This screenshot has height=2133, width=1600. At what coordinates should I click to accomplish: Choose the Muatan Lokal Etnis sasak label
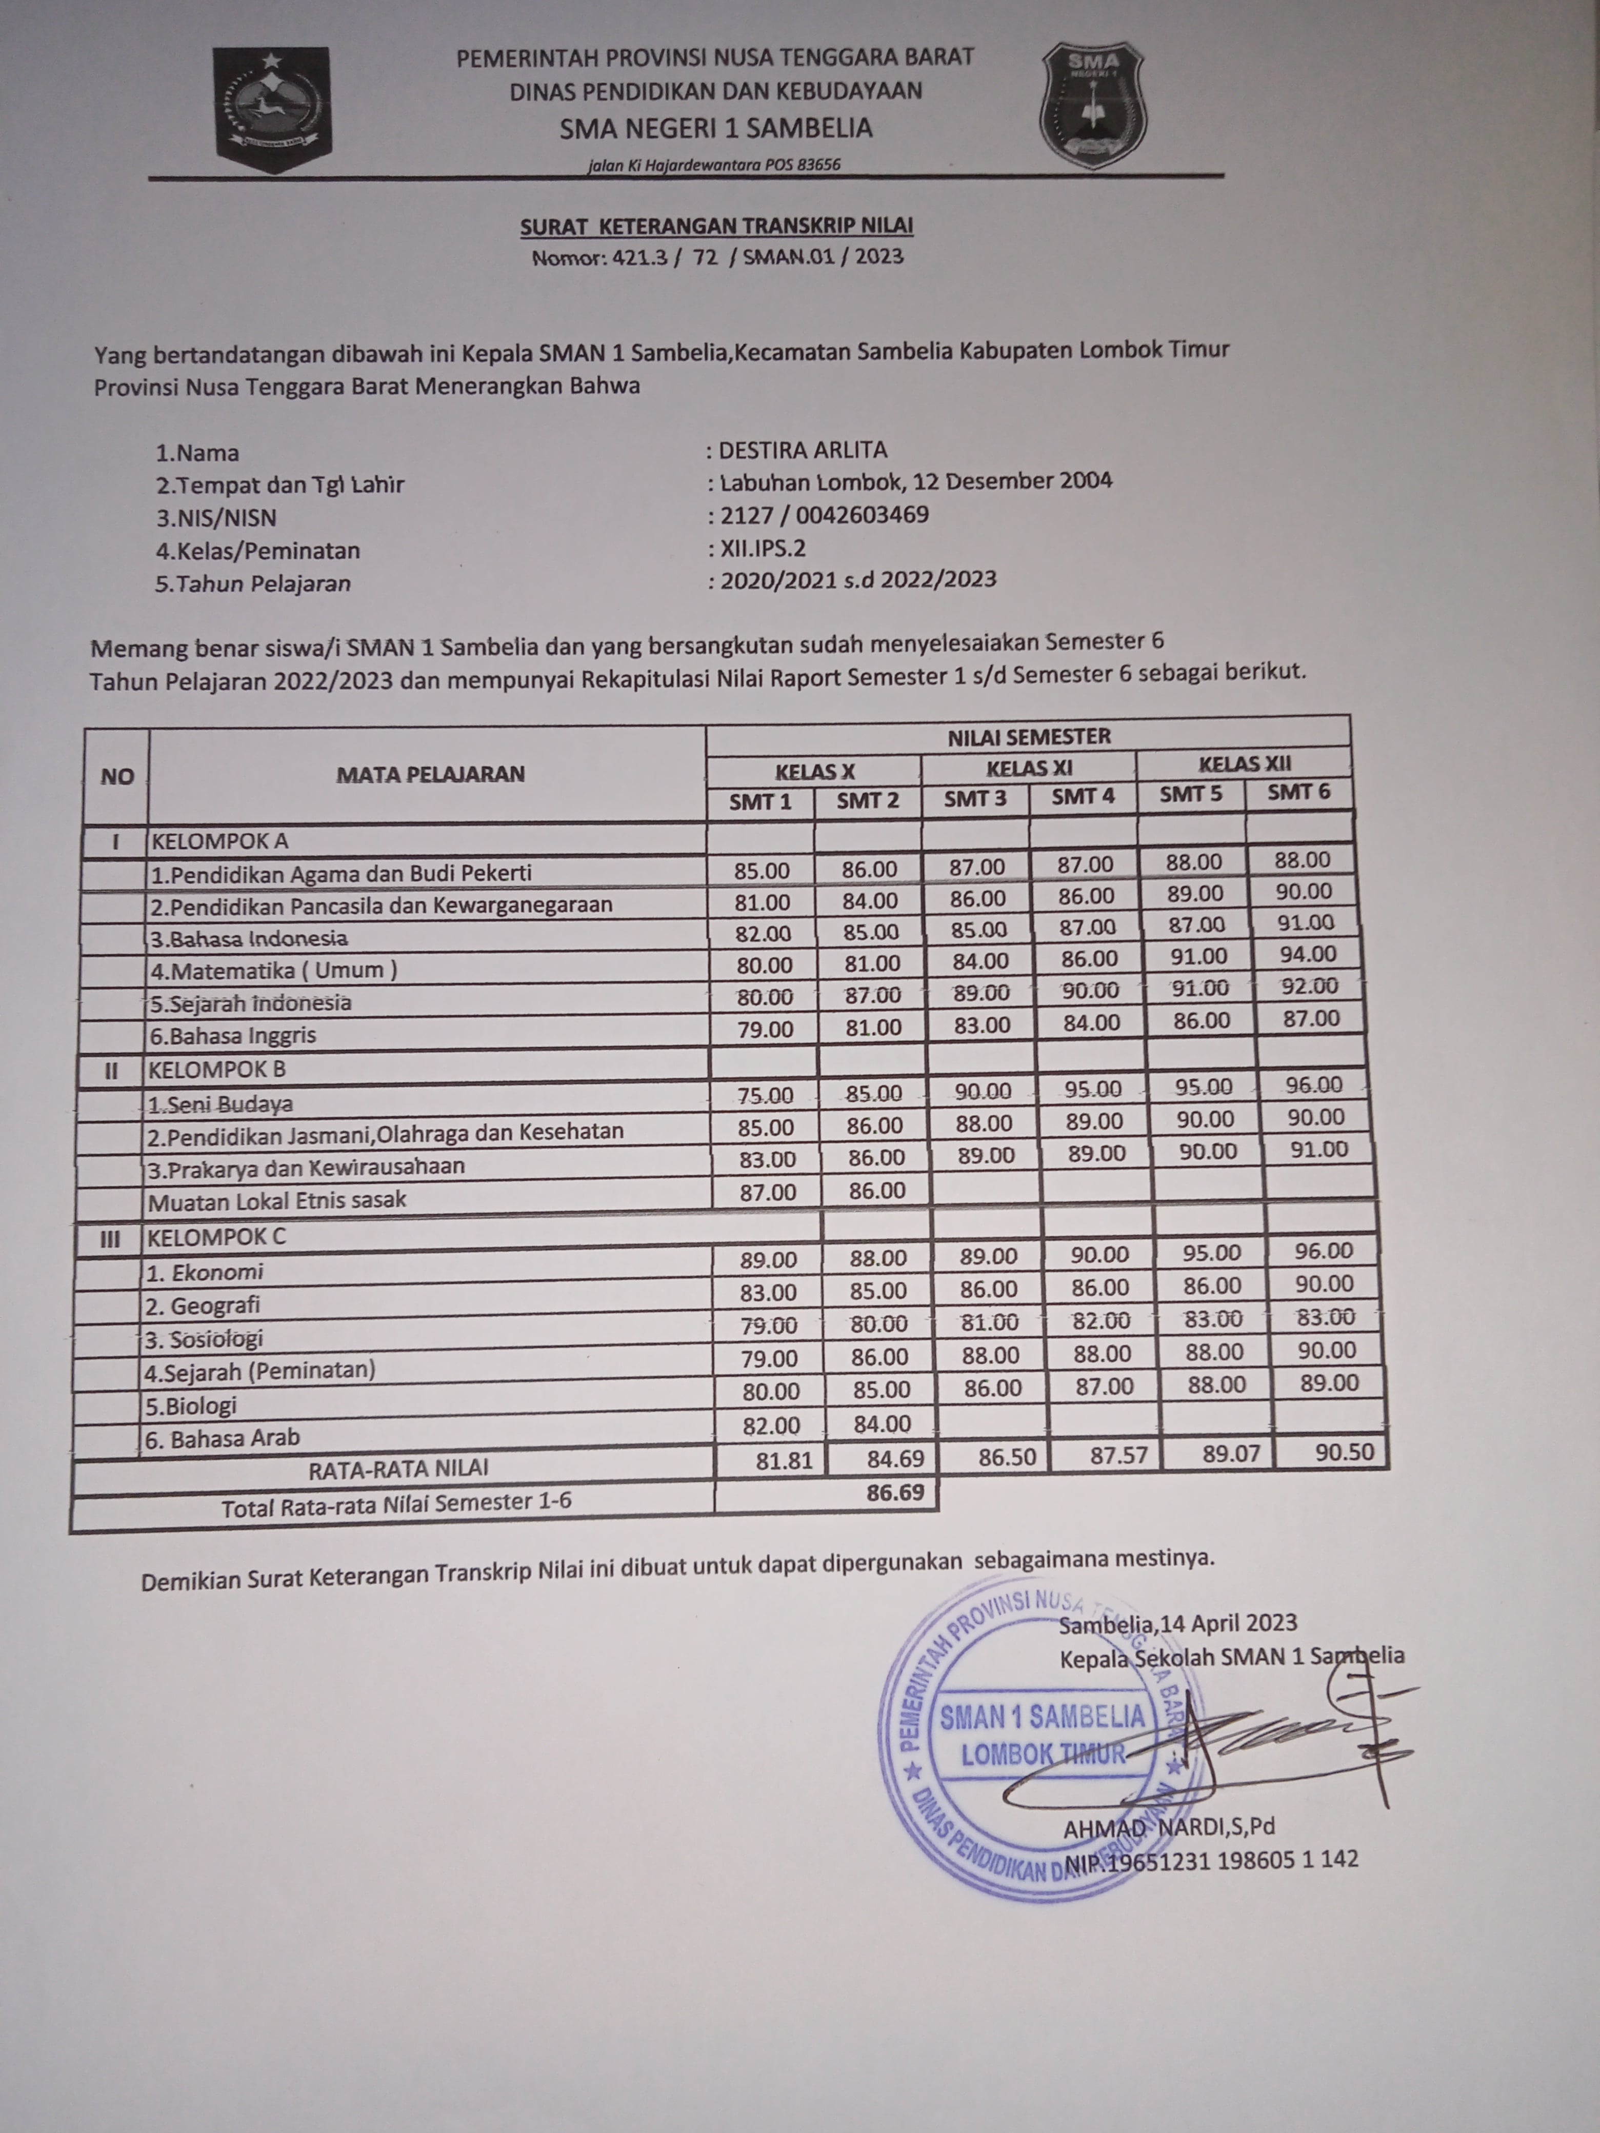(277, 1200)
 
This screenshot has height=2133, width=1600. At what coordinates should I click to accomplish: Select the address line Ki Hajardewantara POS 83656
(714, 165)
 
